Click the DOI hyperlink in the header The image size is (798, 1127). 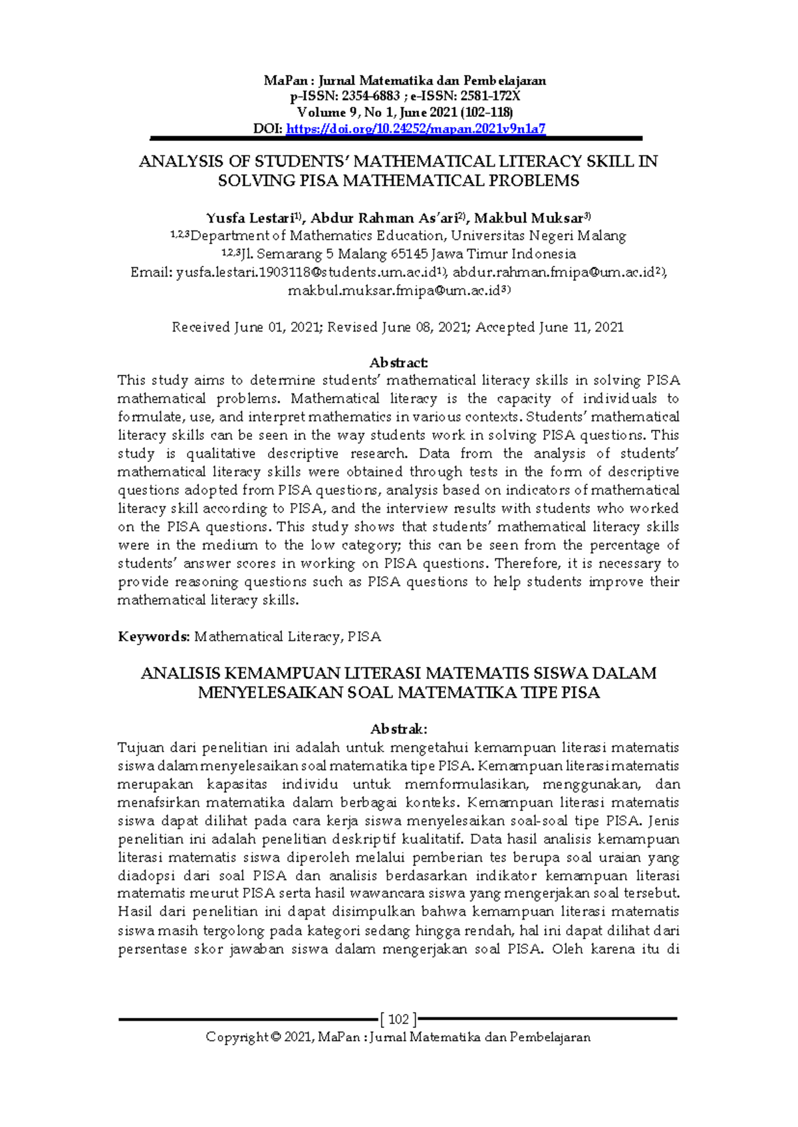click(416, 129)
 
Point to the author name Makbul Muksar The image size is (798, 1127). click(529, 218)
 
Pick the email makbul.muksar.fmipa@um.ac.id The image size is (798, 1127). click(394, 290)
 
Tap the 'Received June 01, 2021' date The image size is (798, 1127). click(245, 327)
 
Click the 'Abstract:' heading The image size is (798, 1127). click(398, 363)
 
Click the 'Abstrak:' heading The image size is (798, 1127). click(398, 729)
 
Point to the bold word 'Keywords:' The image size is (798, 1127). click(154, 637)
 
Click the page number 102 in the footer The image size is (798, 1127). click(398, 1019)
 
